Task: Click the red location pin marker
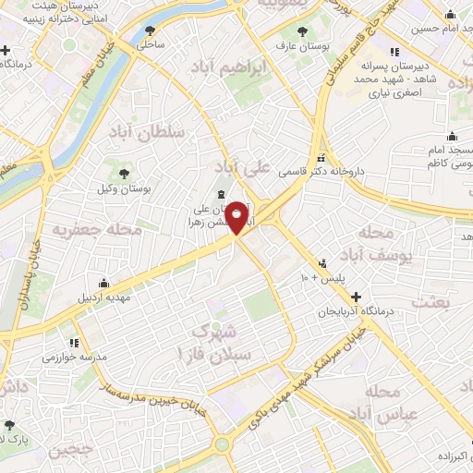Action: click(x=237, y=216)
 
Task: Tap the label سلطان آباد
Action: click(x=158, y=132)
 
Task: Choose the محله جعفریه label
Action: click(x=96, y=228)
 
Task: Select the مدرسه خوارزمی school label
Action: click(x=74, y=355)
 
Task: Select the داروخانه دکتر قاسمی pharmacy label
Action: click(x=356, y=171)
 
